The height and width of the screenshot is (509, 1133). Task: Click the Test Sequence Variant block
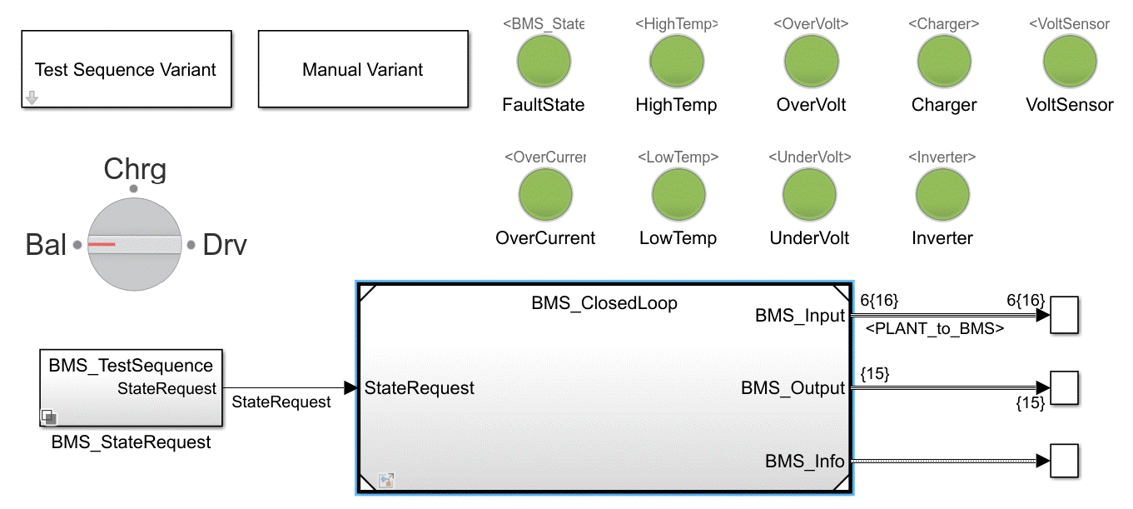[126, 69]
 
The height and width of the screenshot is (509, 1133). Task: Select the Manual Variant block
[363, 69]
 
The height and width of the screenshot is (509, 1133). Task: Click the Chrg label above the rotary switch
[135, 169]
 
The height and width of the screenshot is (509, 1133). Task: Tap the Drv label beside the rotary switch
[225, 246]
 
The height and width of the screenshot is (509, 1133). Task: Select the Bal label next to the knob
[46, 246]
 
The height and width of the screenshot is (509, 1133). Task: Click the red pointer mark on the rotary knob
[102, 245]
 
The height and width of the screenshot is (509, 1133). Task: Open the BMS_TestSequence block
[131, 388]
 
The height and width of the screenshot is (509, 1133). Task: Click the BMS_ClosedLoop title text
[604, 303]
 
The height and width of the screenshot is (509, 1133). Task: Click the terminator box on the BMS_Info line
[1064, 461]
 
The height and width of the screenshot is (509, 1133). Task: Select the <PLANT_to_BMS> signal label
[935, 329]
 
